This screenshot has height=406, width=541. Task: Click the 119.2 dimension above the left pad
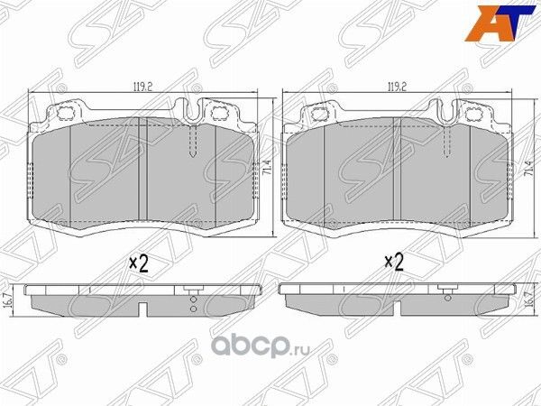point(140,88)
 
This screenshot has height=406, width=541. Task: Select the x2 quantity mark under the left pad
point(138,263)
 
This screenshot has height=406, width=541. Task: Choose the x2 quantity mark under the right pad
point(394,263)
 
